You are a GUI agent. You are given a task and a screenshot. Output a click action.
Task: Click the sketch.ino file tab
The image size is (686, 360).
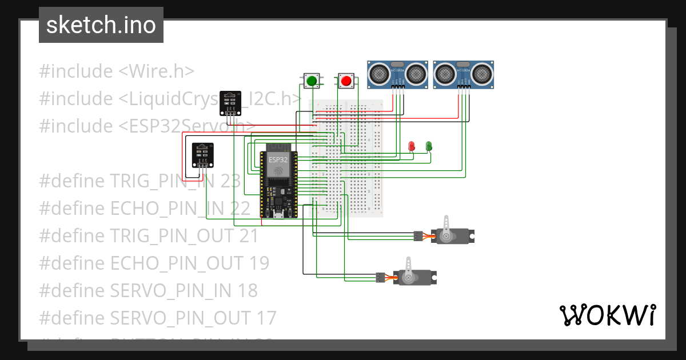click(x=101, y=25)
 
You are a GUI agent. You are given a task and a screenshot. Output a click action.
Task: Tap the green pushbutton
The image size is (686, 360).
click(x=312, y=81)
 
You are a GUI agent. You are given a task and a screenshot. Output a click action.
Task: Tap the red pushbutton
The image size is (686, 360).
click(x=346, y=81)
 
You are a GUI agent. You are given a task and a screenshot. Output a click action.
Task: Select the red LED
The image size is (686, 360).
click(x=411, y=146)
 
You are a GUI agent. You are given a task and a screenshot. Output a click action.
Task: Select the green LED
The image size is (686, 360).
click(x=429, y=146)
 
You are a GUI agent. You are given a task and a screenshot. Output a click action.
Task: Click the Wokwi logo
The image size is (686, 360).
click(x=607, y=315)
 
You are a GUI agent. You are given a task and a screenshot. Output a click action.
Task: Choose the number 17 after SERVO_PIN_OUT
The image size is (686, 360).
click(x=266, y=318)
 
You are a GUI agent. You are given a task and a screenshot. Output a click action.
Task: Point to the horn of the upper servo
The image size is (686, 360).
click(x=448, y=224)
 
